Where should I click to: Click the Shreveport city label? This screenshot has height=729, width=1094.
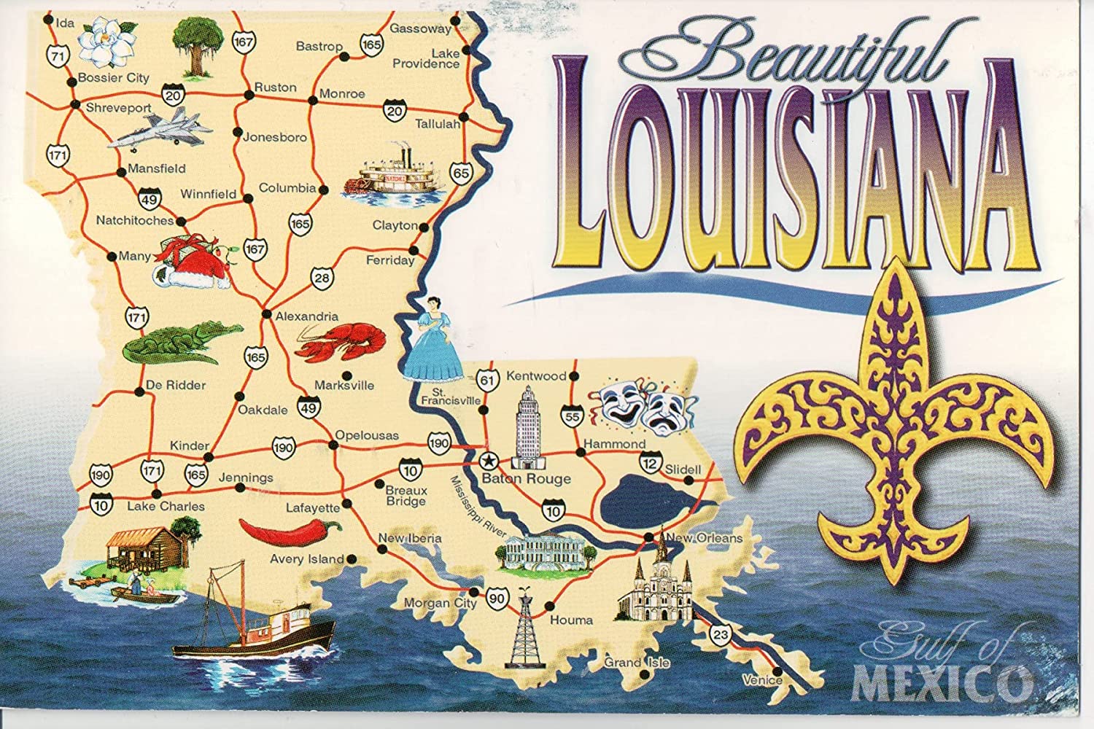tap(118, 108)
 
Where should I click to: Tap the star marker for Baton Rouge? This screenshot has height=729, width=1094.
tap(488, 461)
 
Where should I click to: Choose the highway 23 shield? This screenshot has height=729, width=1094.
tap(721, 634)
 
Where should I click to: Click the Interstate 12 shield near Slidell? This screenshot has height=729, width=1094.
tap(651, 462)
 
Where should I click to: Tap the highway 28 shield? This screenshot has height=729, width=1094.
tap(322, 277)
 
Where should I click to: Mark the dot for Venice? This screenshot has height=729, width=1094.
tap(777, 671)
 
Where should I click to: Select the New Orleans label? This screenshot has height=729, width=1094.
tap(704, 539)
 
